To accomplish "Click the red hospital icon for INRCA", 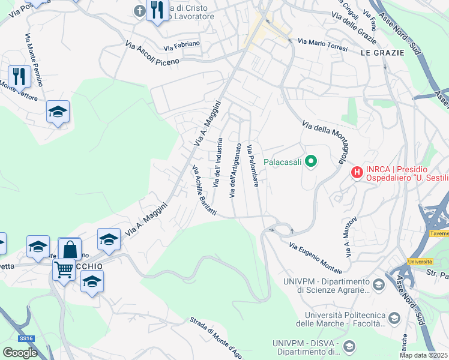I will click(357, 172).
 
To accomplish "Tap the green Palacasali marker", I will click(311, 161).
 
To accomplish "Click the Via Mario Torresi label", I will click(322, 44).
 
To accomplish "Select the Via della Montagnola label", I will click(324, 142).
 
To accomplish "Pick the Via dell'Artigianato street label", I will click(235, 170).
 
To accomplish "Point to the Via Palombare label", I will click(253, 165).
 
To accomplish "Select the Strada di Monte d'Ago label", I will click(216, 337).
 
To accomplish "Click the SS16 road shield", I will click(26, 339).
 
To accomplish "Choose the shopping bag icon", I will click(70, 248).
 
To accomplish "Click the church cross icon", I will click(139, 11).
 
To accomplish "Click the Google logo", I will click(20, 353).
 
